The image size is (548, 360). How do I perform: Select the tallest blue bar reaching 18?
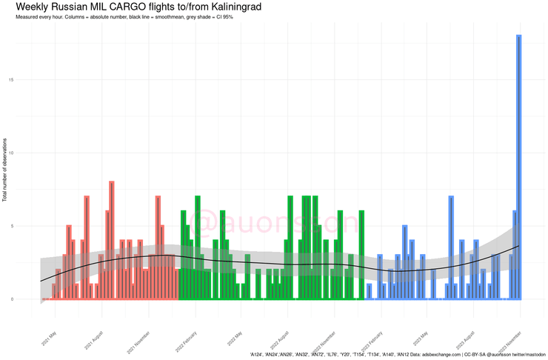point(519,167)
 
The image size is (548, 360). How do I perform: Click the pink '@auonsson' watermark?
point(274,221)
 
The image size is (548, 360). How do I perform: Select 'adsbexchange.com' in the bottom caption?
point(435,355)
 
